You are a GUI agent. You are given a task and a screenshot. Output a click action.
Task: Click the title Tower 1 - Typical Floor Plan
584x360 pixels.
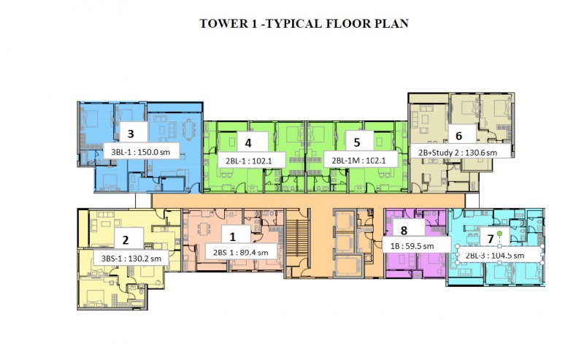304,23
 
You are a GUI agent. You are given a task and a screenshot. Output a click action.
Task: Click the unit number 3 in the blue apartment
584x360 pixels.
131,134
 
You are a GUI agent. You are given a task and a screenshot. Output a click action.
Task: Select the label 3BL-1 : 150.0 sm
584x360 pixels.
141,152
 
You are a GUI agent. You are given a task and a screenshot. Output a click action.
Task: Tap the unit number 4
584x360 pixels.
248,142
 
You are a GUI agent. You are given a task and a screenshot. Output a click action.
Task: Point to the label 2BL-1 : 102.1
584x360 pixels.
249,161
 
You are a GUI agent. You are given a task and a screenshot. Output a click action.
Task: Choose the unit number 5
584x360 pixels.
357,142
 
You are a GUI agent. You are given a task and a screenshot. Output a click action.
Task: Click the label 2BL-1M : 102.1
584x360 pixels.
358,161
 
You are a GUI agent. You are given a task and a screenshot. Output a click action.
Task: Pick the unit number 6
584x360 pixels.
459,136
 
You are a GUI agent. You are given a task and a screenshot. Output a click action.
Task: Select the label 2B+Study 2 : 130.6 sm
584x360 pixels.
458,153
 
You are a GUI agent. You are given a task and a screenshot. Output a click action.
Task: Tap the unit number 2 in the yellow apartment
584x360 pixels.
126,240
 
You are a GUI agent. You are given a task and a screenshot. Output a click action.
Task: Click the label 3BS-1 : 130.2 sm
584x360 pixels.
131,258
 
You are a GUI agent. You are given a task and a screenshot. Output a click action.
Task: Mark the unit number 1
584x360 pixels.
233,237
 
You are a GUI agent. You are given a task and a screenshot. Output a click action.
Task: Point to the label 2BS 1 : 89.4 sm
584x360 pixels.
241,253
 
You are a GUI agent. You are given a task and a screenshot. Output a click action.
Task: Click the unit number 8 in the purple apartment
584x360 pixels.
404,231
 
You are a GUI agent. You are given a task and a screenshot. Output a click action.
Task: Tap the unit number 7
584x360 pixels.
491,239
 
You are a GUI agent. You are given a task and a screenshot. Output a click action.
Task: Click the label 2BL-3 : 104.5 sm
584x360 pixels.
495,256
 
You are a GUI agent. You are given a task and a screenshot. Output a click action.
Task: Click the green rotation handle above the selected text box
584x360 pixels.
500,233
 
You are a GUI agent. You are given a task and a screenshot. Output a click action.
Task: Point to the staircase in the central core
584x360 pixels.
297,238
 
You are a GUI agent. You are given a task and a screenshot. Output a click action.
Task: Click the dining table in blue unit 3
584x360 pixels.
188,129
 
